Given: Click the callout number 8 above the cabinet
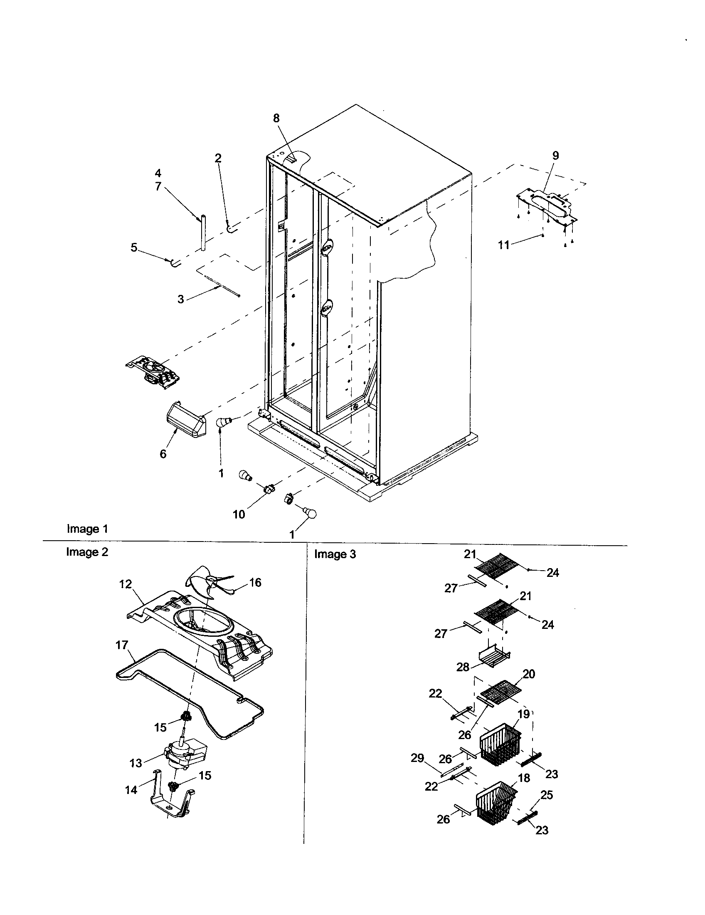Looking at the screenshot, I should tap(276, 118).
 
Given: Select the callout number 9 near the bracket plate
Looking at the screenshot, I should tap(555, 156).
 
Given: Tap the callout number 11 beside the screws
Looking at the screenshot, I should tap(504, 245).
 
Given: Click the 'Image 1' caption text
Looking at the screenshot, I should tap(87, 529).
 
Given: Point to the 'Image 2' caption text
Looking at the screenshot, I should tap(87, 552).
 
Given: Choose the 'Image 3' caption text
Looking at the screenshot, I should tap(335, 554).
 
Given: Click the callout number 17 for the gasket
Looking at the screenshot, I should tap(122, 645).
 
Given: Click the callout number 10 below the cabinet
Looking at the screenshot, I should tap(239, 514).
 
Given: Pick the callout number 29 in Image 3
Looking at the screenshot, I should tap(417, 758).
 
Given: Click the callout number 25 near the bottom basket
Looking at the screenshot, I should tap(547, 795).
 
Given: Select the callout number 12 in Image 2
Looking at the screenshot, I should tap(126, 584).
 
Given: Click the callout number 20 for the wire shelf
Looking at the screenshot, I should tap(529, 674).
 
